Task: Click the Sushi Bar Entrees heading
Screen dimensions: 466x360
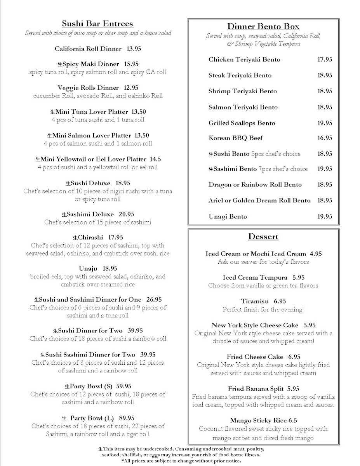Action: coord(97,24)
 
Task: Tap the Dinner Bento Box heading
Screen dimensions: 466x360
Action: coord(263,26)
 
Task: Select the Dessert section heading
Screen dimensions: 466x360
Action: coord(264,236)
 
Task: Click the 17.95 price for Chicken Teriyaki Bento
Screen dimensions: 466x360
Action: coord(325,59)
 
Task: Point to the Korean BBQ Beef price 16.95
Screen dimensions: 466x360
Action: coord(325,138)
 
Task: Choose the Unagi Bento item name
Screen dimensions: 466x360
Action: coord(228,216)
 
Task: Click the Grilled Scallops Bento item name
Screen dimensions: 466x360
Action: coord(242,123)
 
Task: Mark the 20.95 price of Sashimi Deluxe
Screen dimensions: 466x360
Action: coord(126,214)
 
